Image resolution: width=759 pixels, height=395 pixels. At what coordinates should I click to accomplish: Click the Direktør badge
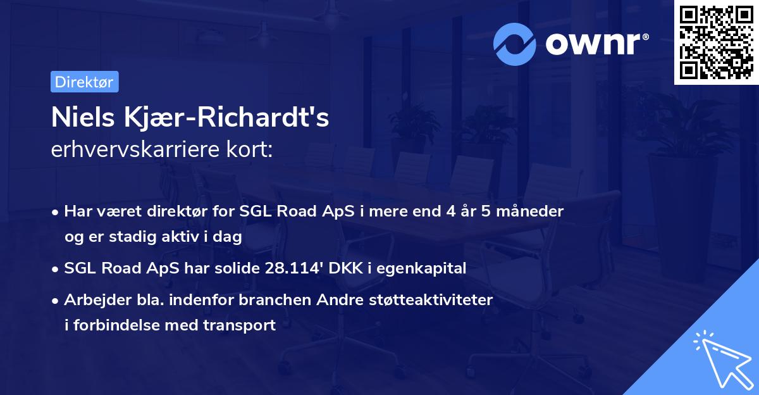84,82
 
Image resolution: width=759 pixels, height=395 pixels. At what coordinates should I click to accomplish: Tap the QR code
715,42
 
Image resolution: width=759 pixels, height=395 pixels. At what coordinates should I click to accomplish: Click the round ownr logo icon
515,43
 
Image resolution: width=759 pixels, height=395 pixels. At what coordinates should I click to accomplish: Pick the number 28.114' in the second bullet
296,268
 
